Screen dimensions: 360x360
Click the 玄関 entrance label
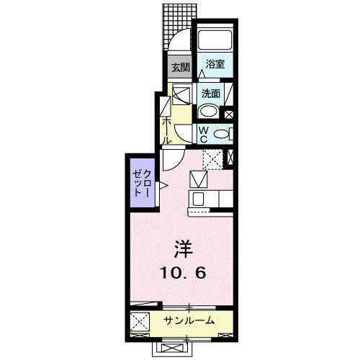(x=180, y=68)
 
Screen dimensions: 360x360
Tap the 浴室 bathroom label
(x=215, y=64)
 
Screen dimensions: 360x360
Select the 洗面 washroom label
(x=210, y=93)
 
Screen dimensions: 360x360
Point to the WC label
(x=203, y=133)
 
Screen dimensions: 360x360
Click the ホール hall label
(x=166, y=130)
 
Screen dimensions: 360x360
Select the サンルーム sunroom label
(x=189, y=320)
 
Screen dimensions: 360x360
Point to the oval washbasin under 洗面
(x=209, y=111)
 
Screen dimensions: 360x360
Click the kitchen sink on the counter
(x=199, y=199)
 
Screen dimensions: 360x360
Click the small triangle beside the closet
(x=163, y=187)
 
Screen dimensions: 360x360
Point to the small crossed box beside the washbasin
(x=230, y=113)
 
